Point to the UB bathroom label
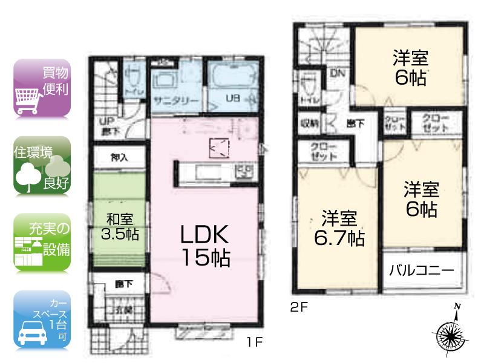pos(232,100)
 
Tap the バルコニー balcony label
pos(422,270)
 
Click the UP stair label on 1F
pos(104,121)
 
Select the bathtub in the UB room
pos(233,81)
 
